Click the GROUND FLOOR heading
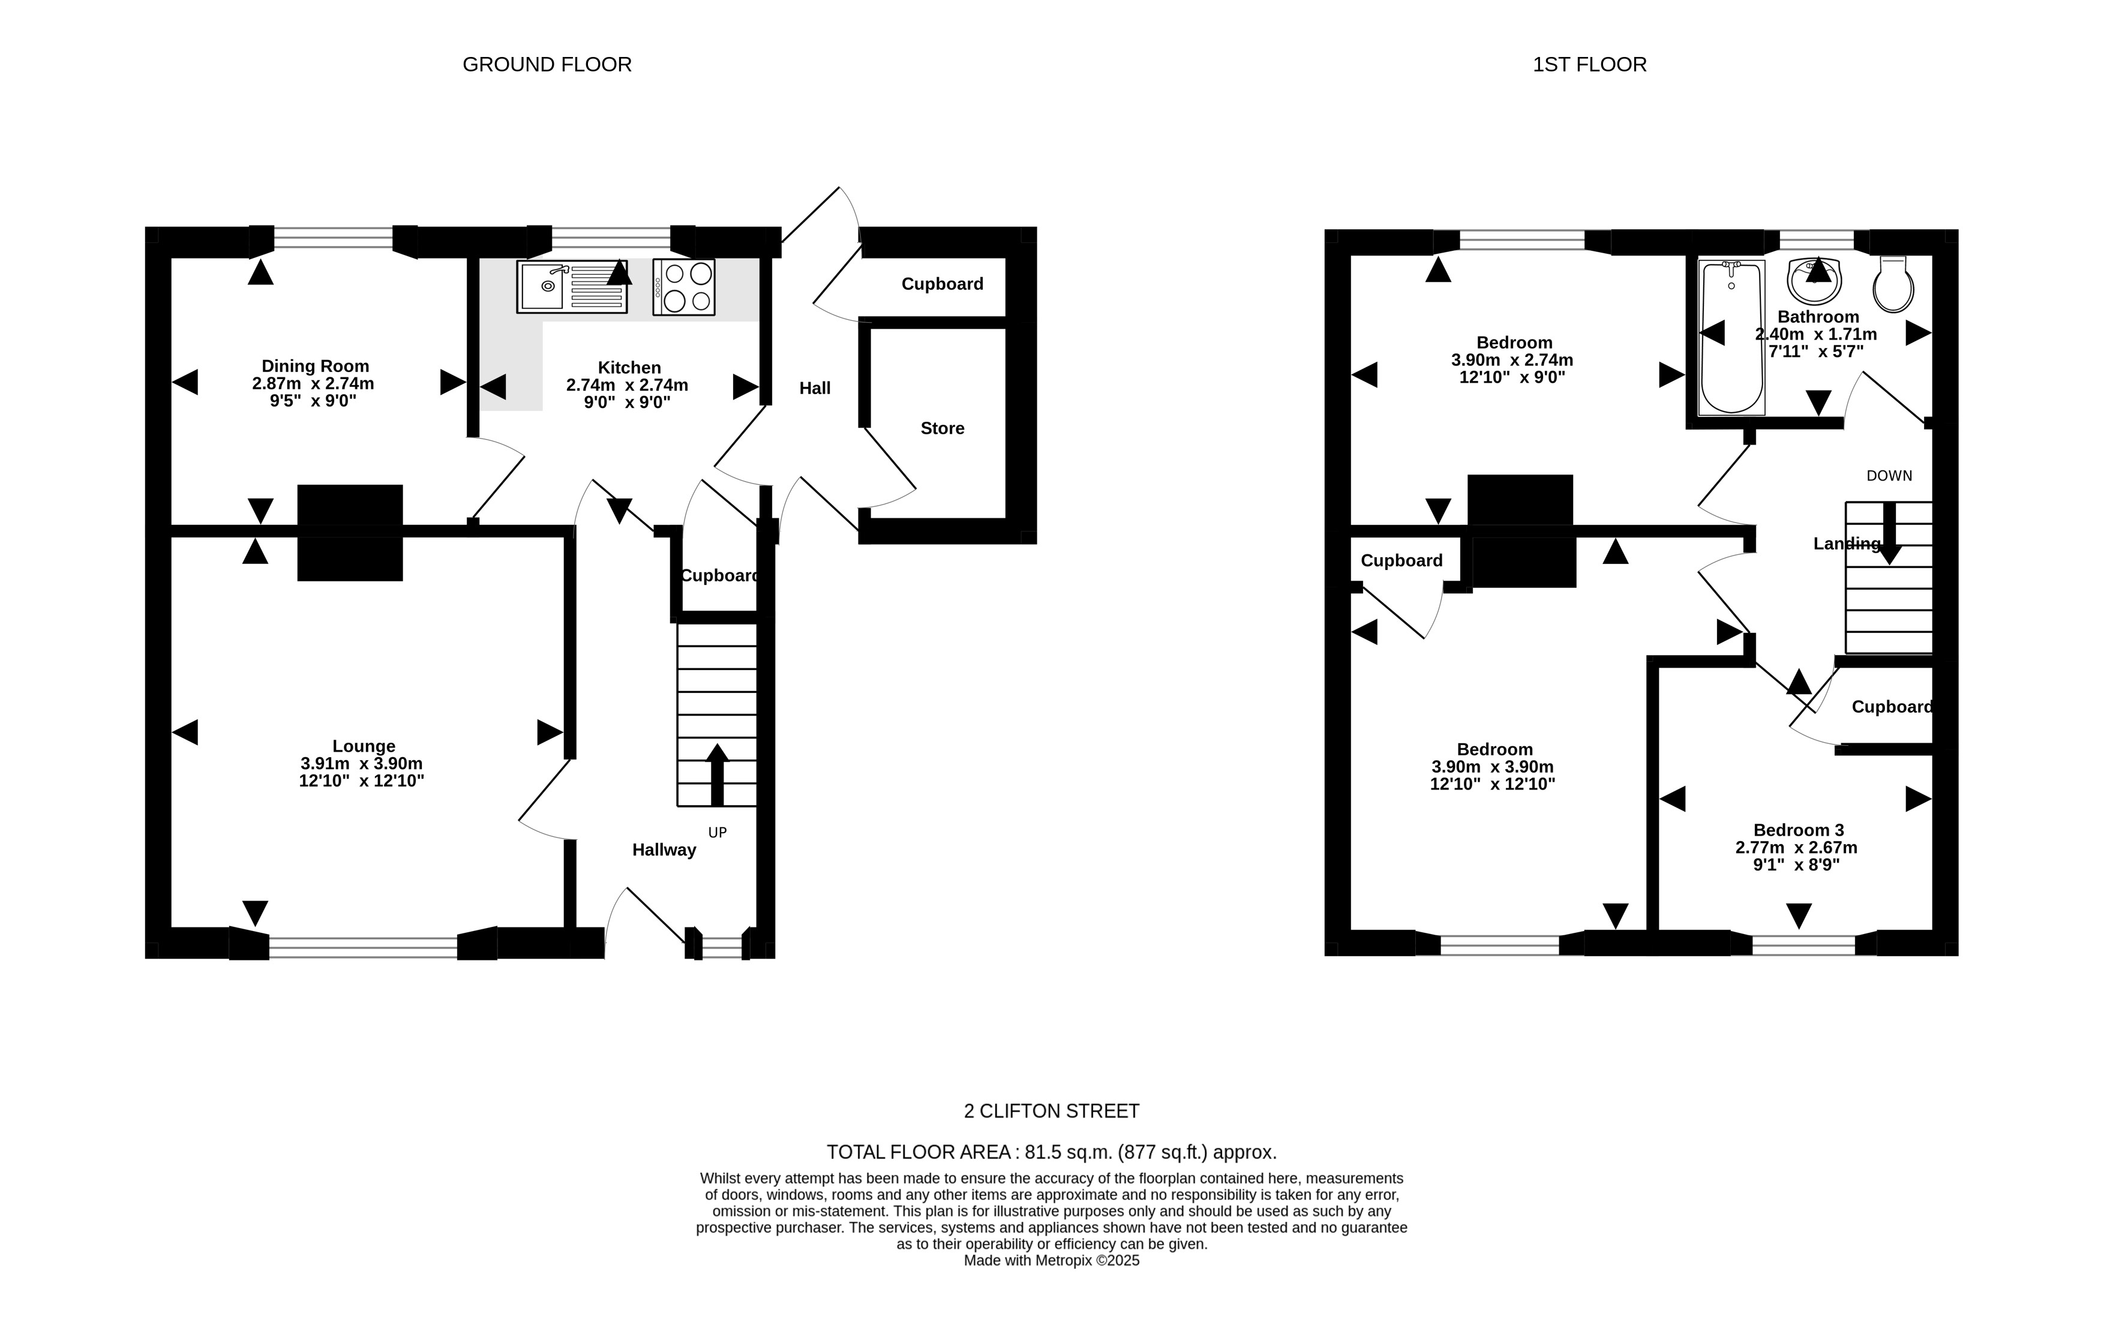point(547,65)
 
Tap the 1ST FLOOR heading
point(1589,65)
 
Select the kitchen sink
point(571,287)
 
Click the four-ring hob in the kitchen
point(683,287)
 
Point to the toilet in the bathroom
point(1893,284)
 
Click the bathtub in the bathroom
point(1732,337)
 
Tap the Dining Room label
point(316,366)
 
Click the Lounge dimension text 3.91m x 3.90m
point(362,764)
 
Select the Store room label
point(942,428)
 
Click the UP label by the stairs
point(718,833)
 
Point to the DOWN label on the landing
point(1889,476)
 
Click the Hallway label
point(664,850)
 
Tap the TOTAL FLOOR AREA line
point(1052,1152)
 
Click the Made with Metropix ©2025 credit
point(1052,1260)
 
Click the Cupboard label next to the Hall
point(942,284)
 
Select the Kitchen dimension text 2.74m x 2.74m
point(628,385)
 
